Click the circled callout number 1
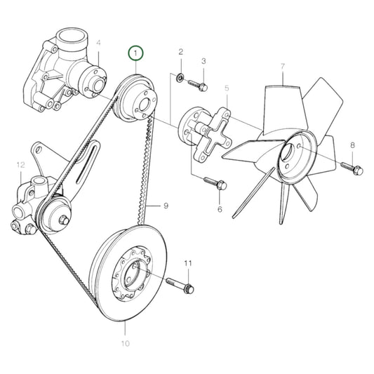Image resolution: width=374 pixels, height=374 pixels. click(134, 53)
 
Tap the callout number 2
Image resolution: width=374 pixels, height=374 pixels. click(180, 53)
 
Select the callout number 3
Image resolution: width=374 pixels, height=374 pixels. click(204, 62)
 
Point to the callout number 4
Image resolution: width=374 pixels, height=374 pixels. click(99, 43)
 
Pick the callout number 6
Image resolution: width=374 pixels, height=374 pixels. click(219, 209)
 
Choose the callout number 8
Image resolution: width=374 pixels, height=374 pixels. click(353, 145)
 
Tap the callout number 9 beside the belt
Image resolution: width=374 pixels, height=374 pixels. click(166, 206)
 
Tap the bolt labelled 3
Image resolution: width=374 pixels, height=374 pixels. click(199, 86)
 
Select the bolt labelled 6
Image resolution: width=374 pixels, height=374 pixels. click(214, 184)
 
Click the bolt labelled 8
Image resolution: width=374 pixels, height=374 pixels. click(351, 168)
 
